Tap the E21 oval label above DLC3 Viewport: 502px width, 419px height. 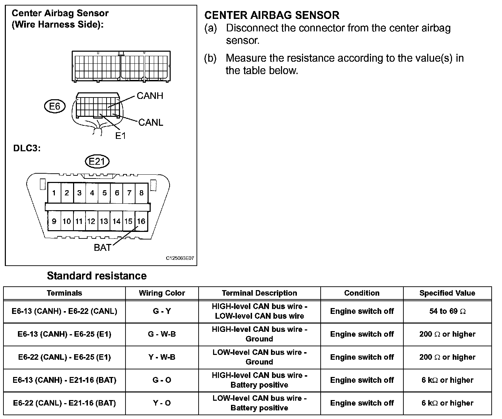pyautogui.click(x=97, y=162)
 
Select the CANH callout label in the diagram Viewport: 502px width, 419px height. pyautogui.click(x=150, y=96)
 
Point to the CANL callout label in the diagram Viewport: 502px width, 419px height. pyautogui.click(x=151, y=123)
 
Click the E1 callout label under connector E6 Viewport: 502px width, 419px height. pyautogui.click(x=120, y=136)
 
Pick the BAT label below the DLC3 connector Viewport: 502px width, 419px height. pyautogui.click(x=102, y=247)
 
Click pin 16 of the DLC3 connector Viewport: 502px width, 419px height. pyautogui.click(x=141, y=221)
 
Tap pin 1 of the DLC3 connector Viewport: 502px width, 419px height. pyautogui.click(x=54, y=193)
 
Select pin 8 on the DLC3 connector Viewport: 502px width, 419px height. pyautogui.click(x=141, y=193)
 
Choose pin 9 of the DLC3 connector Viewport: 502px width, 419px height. pyautogui.click(x=54, y=221)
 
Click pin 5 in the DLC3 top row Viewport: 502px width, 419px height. pyautogui.click(x=104, y=193)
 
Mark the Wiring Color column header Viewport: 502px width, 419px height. pyautogui.click(x=162, y=293)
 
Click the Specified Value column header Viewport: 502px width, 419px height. pyautogui.click(x=447, y=293)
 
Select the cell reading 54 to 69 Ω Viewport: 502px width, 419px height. pyautogui.click(x=447, y=311)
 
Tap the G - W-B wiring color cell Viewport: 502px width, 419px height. pyautogui.click(x=162, y=334)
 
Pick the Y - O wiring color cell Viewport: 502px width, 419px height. pyautogui.click(x=162, y=403)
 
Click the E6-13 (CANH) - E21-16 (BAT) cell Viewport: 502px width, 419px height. pyautogui.click(x=64, y=380)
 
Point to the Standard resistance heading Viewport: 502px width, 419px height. pyautogui.click(x=97, y=276)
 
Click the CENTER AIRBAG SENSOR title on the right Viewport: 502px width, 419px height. pyautogui.click(x=272, y=15)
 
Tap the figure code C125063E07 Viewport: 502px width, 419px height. pyautogui.click(x=180, y=258)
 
